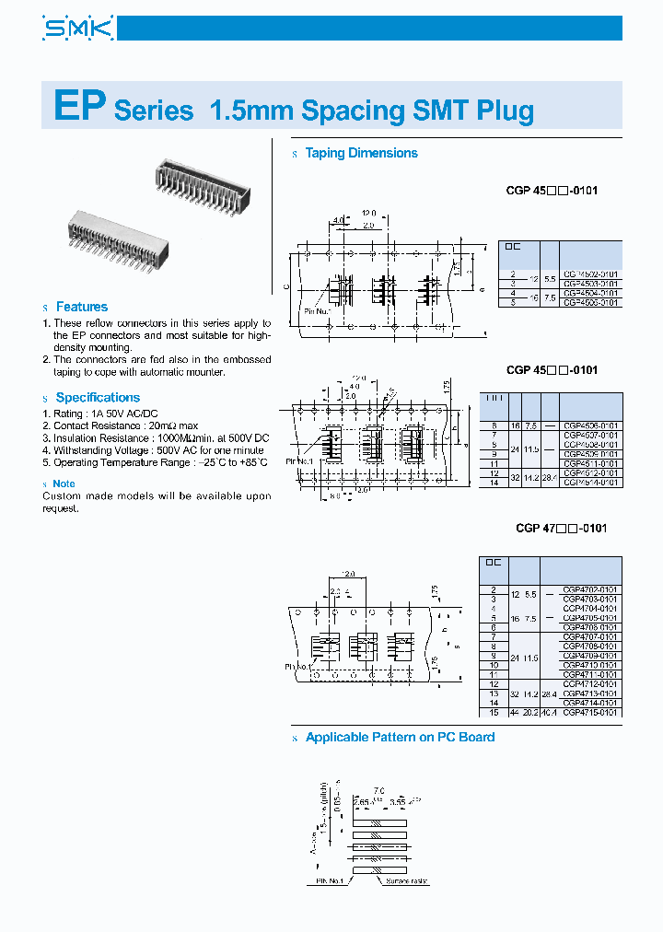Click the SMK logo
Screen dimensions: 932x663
point(77,29)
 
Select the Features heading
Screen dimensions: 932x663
point(81,307)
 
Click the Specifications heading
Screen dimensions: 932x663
point(98,397)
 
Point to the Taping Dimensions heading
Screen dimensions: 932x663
point(361,154)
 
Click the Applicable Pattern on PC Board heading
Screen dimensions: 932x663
point(400,738)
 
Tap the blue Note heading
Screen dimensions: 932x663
point(64,483)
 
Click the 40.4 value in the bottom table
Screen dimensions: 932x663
point(551,712)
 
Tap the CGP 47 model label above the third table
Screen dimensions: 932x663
point(561,529)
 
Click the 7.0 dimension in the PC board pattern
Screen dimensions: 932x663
point(378,791)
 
